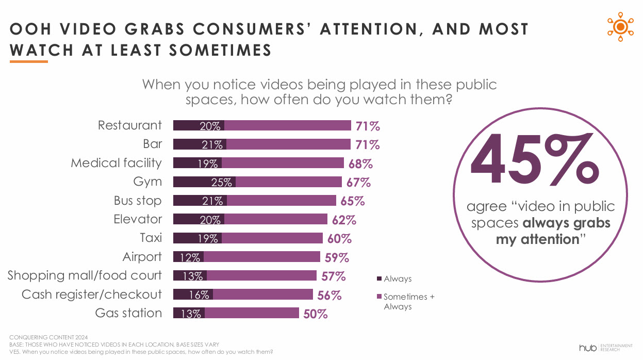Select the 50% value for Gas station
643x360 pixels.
tap(316, 314)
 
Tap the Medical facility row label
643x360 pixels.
tap(116, 163)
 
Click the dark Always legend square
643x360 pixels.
tap(380, 279)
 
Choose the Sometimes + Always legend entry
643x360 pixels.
tap(405, 301)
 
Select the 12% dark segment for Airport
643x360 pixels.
tap(188, 257)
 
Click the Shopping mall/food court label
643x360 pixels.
tap(85, 275)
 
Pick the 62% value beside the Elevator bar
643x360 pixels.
tap(344, 220)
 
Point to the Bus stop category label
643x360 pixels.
tap(137, 201)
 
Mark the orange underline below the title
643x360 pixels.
tap(29, 62)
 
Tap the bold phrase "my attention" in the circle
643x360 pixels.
tap(537, 239)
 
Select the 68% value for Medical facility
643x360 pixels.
tap(360, 164)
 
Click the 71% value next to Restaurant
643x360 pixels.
tap(368, 126)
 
